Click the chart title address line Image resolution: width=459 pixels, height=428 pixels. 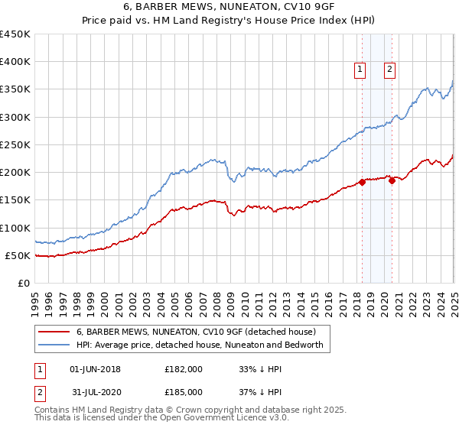point(229,6)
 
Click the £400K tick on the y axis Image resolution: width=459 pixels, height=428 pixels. point(15,62)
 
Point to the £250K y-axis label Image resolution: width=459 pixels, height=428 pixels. point(15,144)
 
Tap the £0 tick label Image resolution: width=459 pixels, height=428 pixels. point(24,283)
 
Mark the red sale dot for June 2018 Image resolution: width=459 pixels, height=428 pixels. point(362,182)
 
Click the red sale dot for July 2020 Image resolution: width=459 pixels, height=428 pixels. point(392,180)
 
